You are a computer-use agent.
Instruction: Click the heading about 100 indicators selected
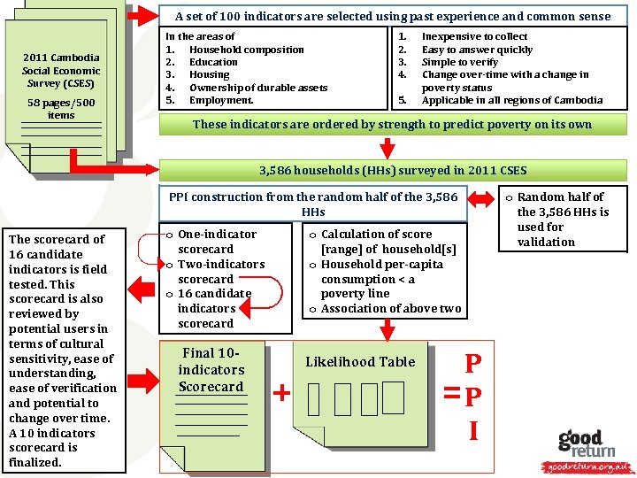[x=393, y=16]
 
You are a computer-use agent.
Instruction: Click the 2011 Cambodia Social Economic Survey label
[x=61, y=71]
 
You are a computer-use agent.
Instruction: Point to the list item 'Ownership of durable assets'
[x=258, y=88]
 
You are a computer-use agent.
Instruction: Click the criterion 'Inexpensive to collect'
[x=474, y=37]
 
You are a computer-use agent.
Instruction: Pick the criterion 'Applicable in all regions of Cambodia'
[x=512, y=100]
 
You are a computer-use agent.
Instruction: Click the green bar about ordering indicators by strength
[x=392, y=124]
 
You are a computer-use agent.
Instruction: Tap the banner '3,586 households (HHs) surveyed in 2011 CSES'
[x=392, y=169]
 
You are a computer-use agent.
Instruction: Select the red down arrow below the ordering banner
[x=386, y=147]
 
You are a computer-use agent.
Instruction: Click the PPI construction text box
[x=313, y=204]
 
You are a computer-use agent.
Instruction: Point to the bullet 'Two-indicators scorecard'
[x=220, y=271]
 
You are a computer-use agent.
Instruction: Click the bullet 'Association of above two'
[x=390, y=309]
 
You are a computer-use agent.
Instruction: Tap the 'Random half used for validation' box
[x=563, y=219]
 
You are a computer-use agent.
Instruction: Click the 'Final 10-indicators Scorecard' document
[x=211, y=370]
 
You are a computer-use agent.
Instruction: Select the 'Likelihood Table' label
[x=360, y=361]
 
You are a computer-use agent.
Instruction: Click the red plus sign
[x=282, y=393]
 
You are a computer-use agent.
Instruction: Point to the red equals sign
[x=452, y=392]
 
